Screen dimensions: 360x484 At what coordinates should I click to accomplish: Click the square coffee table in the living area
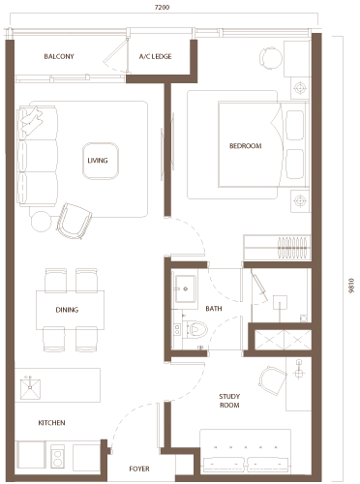(97, 161)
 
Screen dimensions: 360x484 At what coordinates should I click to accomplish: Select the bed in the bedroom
(244, 147)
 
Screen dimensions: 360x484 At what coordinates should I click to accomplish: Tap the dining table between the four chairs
(67, 310)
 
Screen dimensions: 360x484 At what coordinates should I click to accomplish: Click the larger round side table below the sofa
(70, 223)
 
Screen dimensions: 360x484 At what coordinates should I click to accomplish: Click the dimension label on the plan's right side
(349, 281)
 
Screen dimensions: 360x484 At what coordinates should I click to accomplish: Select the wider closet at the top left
(56, 56)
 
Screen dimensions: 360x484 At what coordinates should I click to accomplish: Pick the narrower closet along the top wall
(156, 56)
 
